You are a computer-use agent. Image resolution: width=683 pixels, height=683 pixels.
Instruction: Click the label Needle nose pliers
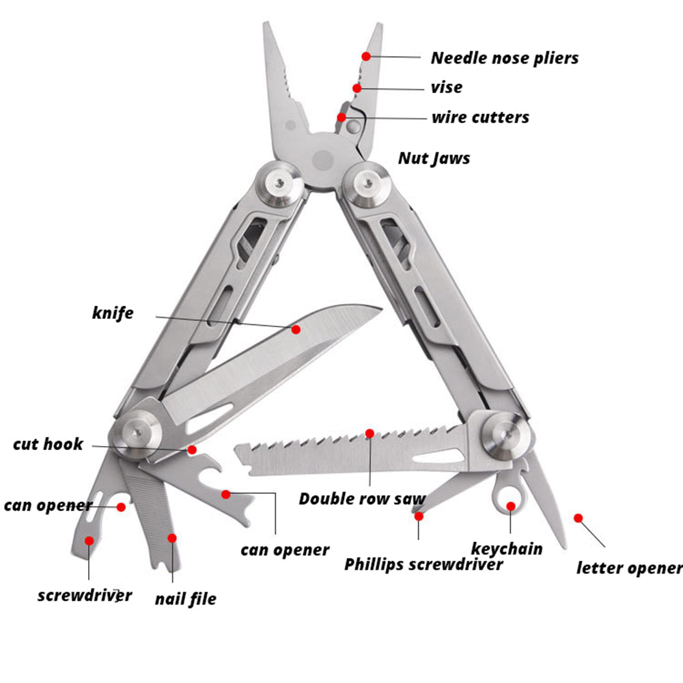click(x=504, y=58)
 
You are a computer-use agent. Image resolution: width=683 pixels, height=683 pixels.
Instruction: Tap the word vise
click(x=446, y=87)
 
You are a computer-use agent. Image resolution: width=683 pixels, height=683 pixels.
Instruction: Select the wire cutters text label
click(x=479, y=117)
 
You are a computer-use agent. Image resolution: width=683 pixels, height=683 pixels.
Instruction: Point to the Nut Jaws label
click(x=434, y=158)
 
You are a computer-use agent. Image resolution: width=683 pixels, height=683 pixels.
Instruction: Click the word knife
click(x=113, y=313)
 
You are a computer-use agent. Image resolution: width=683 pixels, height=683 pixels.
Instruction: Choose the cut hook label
click(x=48, y=445)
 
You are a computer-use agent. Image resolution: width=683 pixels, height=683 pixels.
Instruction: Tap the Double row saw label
click(x=361, y=499)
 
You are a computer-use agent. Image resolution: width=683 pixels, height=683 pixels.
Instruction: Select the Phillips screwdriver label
click(x=423, y=565)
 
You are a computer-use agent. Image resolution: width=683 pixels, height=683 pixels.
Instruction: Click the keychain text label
click(x=507, y=548)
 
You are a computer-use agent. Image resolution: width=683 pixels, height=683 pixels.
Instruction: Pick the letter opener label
click(x=629, y=568)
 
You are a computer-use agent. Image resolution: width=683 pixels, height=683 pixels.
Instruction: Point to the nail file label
click(x=185, y=599)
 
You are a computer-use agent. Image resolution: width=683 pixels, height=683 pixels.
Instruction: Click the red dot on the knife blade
click(x=296, y=329)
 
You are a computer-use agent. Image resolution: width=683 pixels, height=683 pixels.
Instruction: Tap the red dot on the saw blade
click(x=370, y=433)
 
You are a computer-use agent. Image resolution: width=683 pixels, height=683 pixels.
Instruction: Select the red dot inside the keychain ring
click(x=510, y=506)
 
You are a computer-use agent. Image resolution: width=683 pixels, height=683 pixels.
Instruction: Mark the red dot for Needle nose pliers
click(x=367, y=56)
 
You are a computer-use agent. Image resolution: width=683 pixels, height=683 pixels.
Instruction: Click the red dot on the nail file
click(x=172, y=538)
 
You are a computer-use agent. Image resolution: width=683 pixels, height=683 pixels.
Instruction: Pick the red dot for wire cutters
click(x=341, y=117)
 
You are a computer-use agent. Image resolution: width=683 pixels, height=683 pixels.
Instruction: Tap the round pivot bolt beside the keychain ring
click(x=506, y=436)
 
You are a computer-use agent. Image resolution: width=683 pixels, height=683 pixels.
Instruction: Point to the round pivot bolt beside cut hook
click(x=137, y=433)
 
